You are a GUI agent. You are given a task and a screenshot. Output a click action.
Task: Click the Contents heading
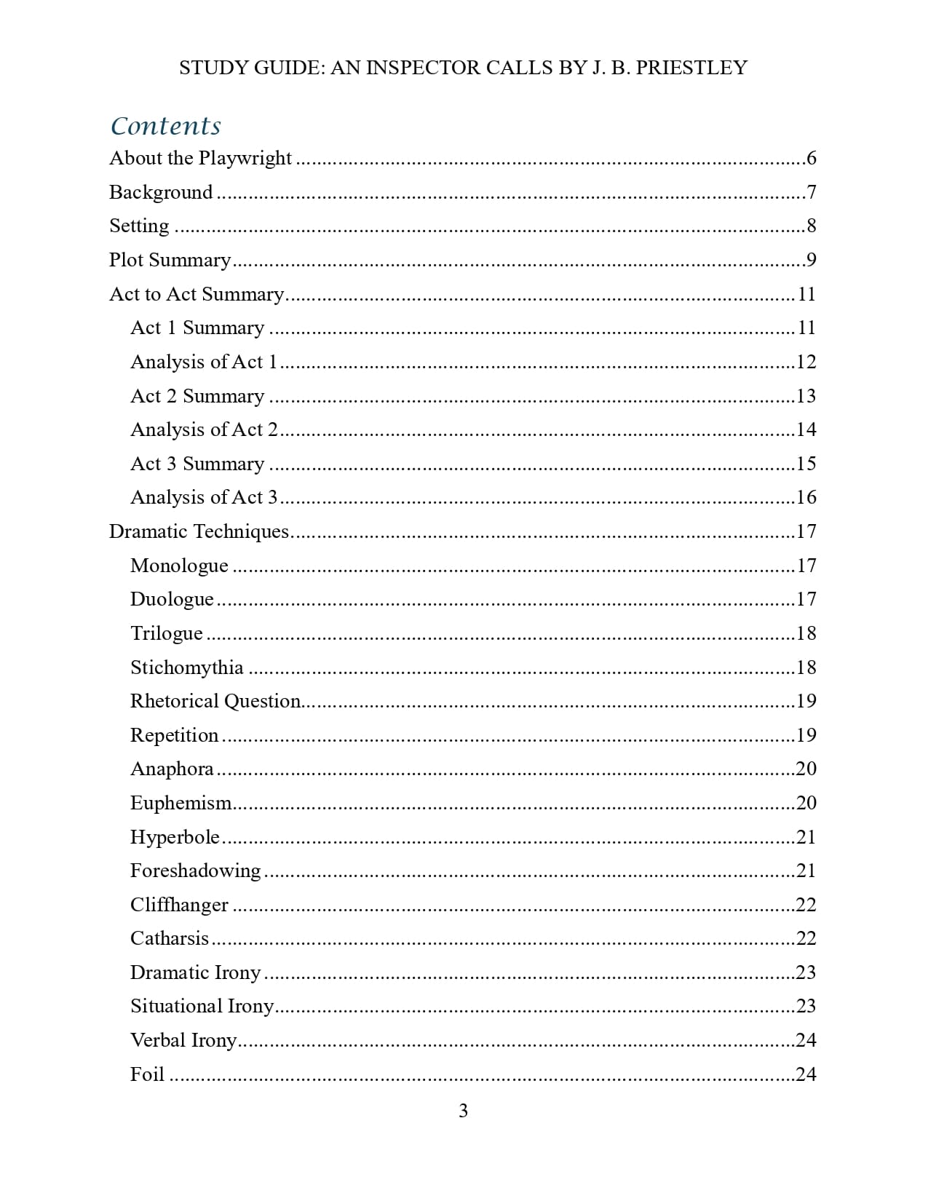click(165, 126)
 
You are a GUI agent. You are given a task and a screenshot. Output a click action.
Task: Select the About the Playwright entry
click(200, 159)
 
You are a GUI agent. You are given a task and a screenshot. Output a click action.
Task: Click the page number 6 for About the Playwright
click(811, 159)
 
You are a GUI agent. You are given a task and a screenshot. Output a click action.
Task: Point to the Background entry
click(161, 192)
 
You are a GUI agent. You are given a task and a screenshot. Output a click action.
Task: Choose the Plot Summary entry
click(170, 260)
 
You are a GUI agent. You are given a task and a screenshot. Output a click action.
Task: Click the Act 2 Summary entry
click(197, 396)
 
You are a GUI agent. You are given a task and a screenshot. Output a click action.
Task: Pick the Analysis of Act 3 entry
click(204, 498)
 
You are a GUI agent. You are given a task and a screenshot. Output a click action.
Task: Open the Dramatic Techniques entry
click(199, 531)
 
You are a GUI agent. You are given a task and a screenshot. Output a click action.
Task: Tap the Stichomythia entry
click(186, 667)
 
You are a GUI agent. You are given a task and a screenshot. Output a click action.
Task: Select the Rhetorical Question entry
click(215, 701)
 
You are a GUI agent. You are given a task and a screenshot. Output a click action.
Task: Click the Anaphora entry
click(172, 769)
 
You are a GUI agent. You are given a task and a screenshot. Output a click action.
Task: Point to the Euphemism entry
click(181, 803)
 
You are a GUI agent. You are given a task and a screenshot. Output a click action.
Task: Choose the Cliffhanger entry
click(179, 905)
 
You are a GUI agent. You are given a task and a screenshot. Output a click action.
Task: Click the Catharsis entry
click(170, 938)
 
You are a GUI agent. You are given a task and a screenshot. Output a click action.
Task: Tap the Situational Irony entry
click(202, 1006)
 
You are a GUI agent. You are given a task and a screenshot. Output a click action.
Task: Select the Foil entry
click(147, 1074)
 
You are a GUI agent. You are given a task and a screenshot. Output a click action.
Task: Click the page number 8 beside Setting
click(811, 226)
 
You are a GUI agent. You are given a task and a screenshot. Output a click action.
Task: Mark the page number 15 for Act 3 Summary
click(806, 464)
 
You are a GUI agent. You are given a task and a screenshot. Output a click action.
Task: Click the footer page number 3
click(463, 1111)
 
